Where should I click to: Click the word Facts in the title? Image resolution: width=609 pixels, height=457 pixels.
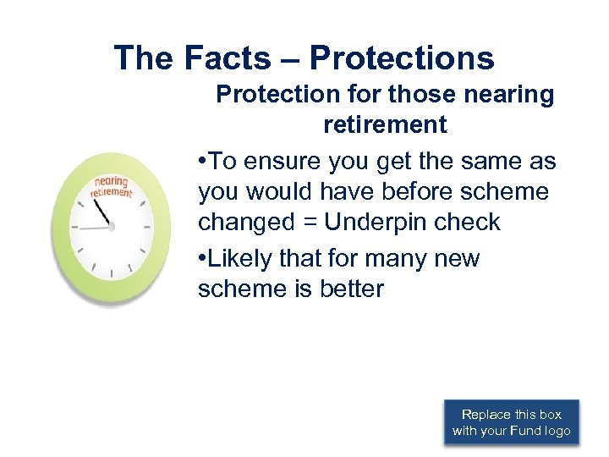coord(225,58)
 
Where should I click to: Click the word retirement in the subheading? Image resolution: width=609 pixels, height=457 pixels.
coord(385,125)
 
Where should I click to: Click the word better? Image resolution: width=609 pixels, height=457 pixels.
coord(352,289)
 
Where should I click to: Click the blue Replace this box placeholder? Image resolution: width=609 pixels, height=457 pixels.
coord(511,422)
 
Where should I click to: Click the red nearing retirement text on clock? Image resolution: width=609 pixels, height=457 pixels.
coord(112,187)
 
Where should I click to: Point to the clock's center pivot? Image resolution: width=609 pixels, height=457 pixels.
coord(112,227)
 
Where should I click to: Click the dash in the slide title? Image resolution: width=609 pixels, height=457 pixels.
coord(287,59)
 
